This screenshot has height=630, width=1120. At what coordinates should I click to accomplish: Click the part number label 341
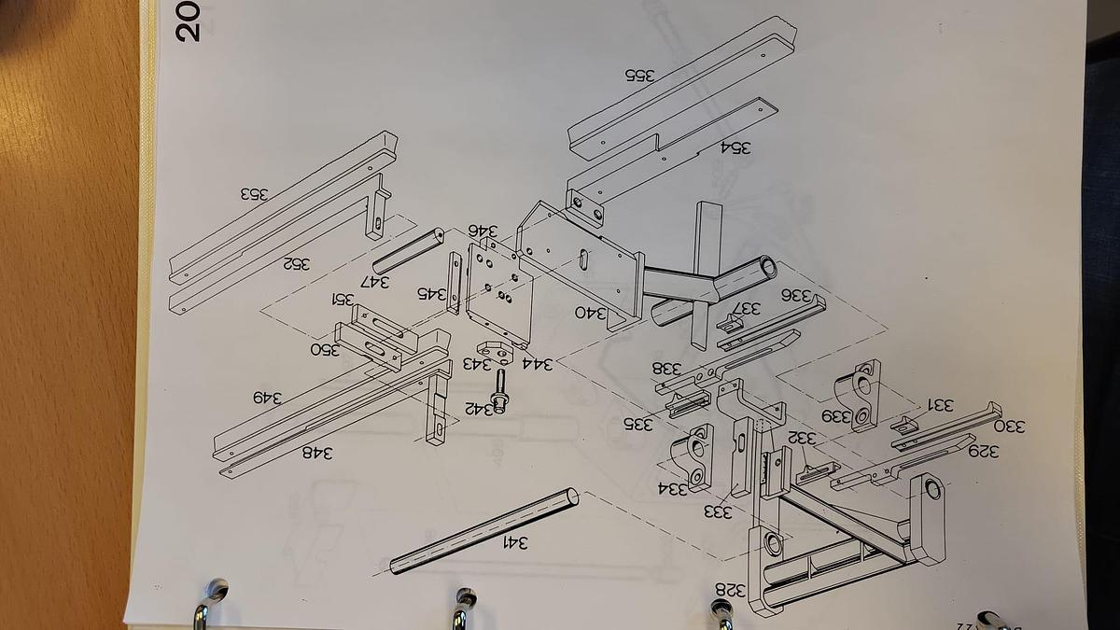[516, 542]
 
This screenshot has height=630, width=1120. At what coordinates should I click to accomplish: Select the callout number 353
[253, 194]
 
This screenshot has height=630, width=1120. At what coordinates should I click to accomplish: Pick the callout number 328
[731, 589]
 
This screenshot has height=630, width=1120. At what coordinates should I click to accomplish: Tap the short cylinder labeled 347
[412, 250]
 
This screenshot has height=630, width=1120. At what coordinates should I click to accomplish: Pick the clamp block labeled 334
[696, 453]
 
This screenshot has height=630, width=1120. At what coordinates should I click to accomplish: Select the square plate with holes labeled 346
[498, 286]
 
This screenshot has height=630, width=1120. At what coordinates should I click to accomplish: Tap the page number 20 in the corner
[187, 21]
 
